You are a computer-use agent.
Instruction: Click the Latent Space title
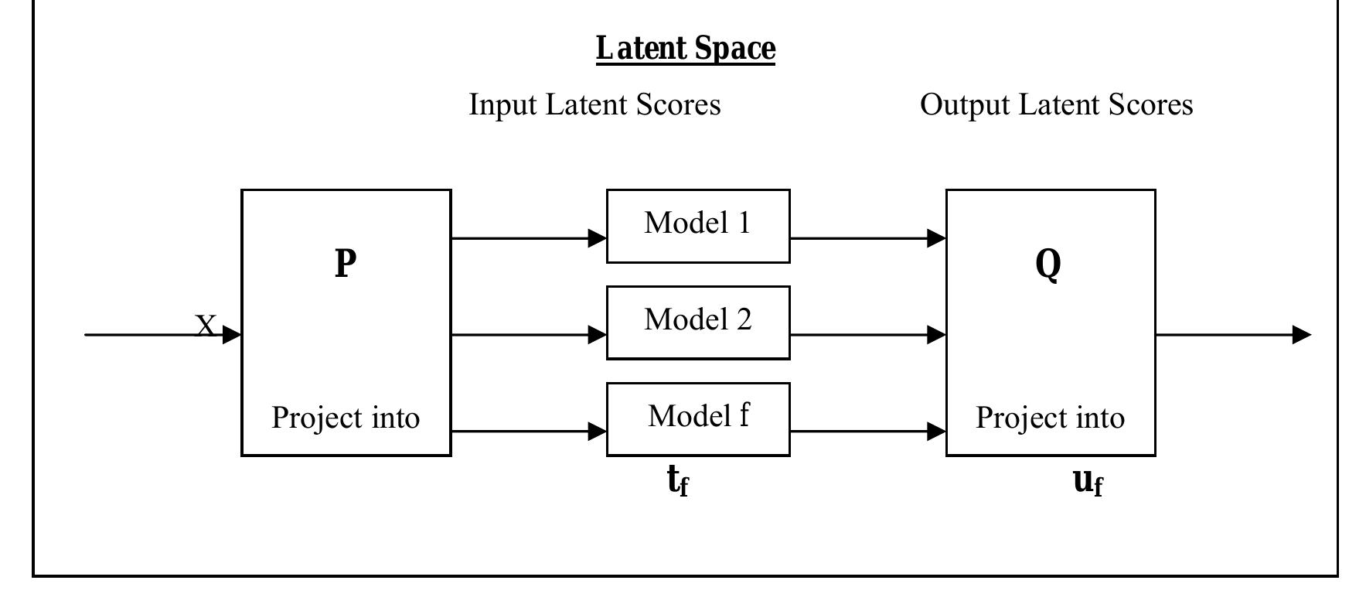pos(685,49)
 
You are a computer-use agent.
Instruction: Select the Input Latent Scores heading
pos(594,104)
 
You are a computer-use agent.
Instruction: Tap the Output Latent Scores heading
pos(1056,104)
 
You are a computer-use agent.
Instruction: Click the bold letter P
pos(346,263)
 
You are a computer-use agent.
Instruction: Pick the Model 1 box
pos(697,226)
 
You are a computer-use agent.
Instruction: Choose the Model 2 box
pos(697,323)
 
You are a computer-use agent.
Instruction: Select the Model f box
pos(697,418)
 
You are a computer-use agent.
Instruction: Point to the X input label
pos(205,326)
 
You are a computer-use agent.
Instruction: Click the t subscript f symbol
pos(678,481)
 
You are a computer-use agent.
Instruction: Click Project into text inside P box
pos(346,418)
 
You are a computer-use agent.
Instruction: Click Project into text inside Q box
pos(1050,418)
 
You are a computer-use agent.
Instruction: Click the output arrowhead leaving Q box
pos(1301,335)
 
